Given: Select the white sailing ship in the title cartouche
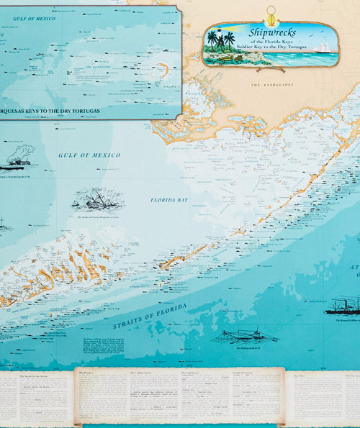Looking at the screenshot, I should [322, 47].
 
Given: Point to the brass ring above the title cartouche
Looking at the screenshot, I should [271, 13].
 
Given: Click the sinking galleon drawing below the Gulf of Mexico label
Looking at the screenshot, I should [96, 199].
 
